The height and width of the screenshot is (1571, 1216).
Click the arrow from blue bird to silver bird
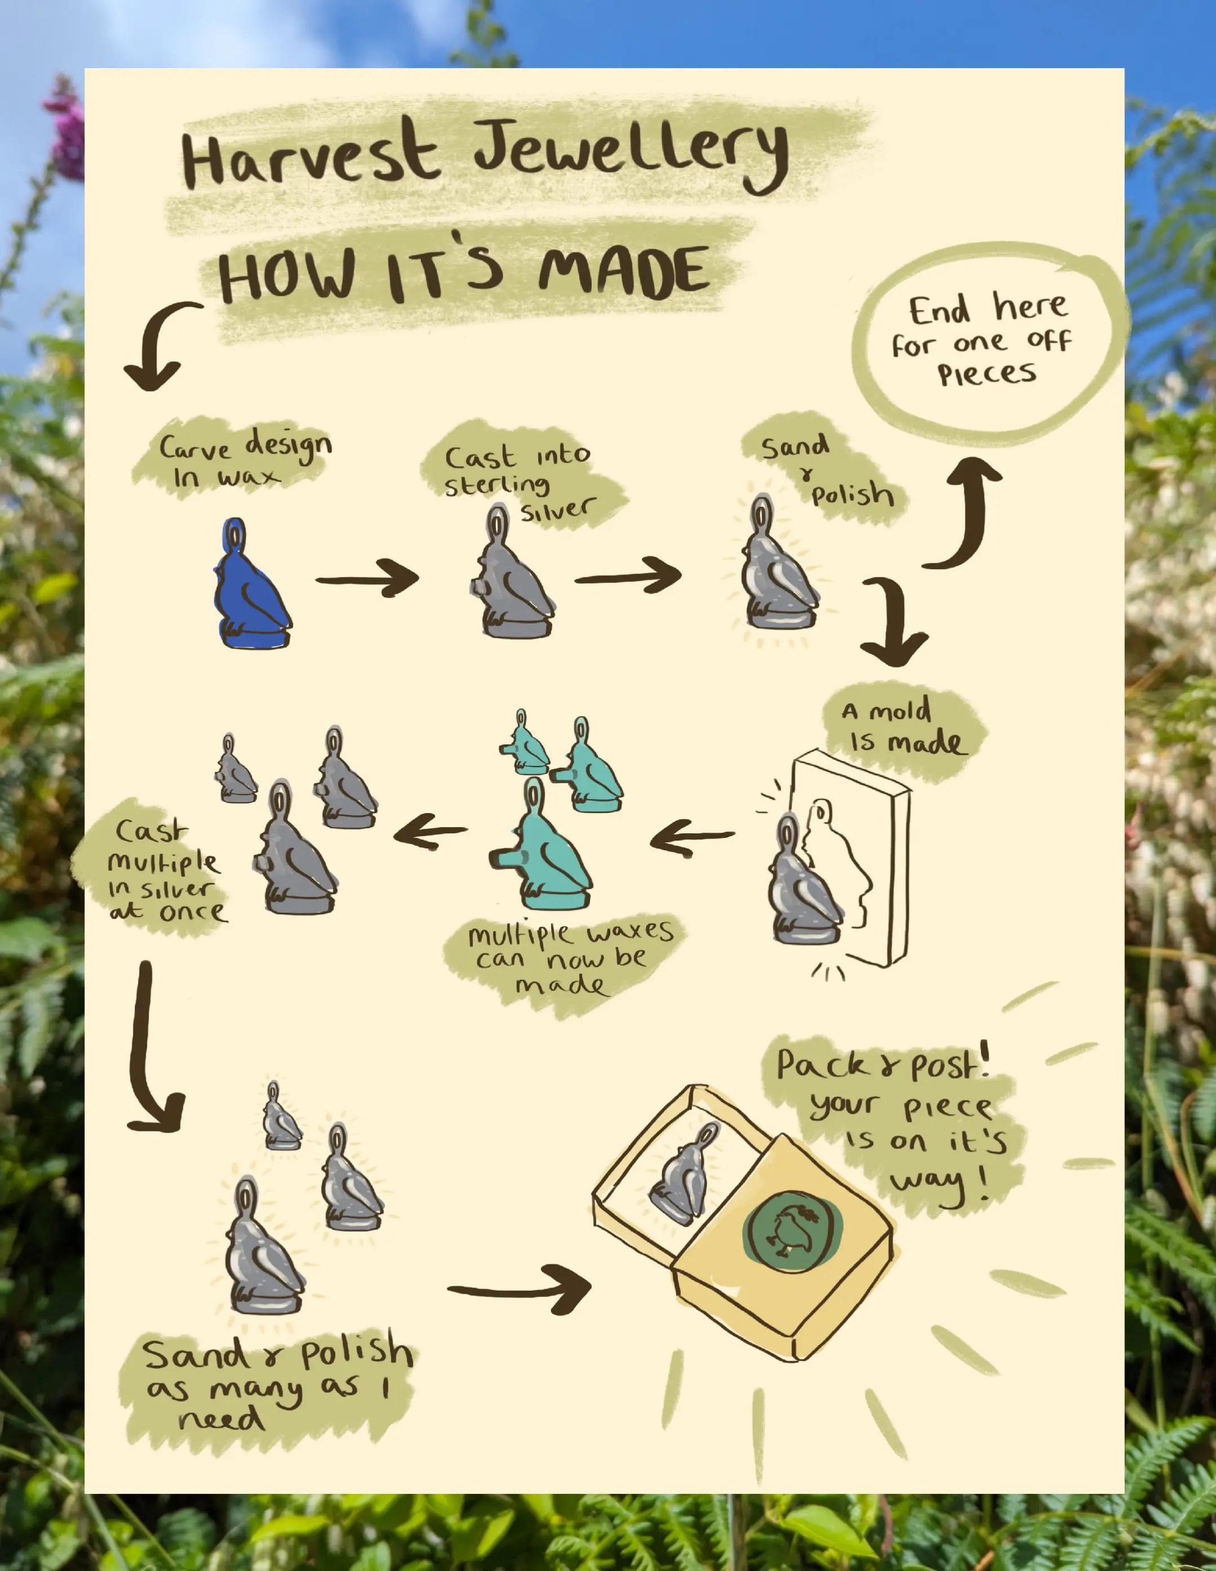tap(368, 578)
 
